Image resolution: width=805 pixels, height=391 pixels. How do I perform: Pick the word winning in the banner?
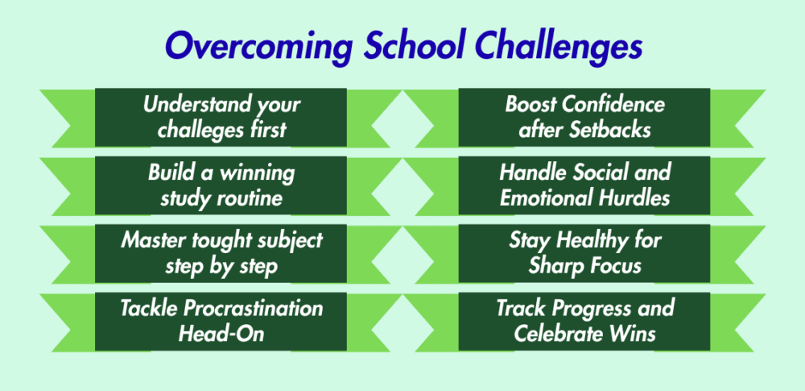[x=258, y=173]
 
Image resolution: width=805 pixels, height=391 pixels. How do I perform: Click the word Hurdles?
[x=637, y=198]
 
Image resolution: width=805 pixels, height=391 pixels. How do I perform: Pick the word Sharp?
[x=555, y=267]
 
